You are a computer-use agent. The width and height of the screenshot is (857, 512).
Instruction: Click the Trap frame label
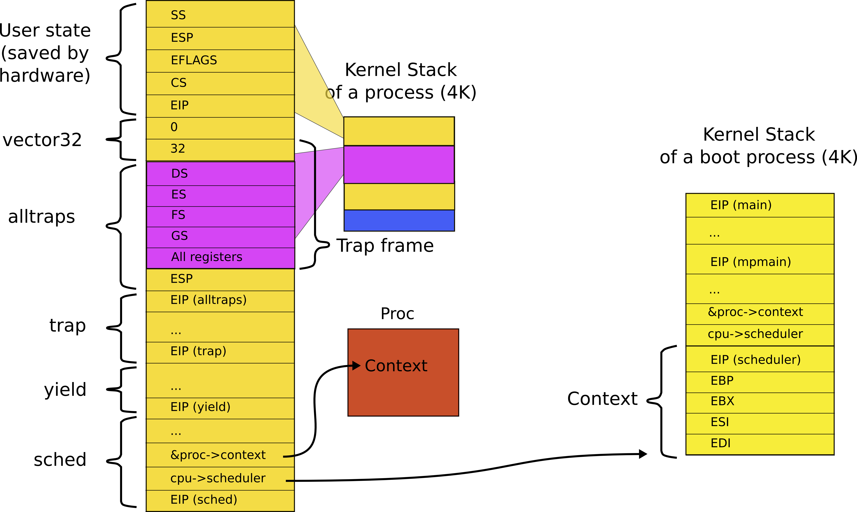pos(385,246)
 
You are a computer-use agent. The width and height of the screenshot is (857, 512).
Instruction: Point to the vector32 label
pos(42,140)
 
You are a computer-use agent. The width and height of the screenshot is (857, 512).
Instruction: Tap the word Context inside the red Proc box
pos(396,366)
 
